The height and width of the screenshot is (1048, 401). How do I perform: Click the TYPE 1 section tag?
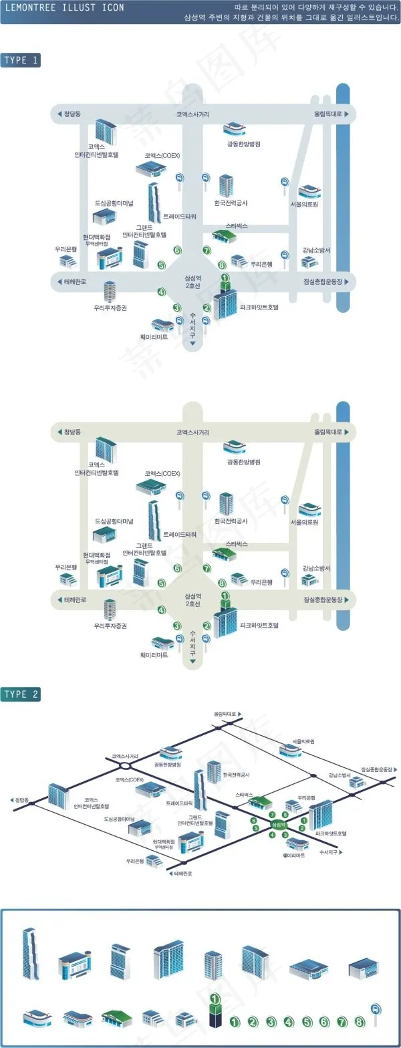21,60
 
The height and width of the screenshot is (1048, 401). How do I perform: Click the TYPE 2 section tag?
21,694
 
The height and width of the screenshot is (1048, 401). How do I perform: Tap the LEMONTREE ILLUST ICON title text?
64,8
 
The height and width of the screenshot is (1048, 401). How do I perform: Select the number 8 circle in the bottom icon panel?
360,1021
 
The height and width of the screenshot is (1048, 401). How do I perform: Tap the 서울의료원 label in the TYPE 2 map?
303,741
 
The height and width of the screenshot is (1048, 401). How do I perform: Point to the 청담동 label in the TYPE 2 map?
22,799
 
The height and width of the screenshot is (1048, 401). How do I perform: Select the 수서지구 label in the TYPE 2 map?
329,852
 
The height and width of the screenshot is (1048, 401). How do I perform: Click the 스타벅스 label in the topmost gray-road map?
237,226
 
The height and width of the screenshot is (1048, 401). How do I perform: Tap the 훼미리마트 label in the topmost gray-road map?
154,337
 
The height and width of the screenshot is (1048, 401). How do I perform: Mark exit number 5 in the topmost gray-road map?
161,265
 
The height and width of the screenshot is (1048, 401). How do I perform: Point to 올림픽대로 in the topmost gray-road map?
328,114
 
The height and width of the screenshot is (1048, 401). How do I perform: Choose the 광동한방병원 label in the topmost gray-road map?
244,144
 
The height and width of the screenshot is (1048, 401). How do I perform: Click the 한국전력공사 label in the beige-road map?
231,520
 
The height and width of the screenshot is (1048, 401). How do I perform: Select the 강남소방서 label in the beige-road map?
316,568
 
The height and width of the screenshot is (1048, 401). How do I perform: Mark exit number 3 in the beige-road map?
177,626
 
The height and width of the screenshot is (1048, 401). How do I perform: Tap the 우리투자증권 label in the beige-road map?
110,626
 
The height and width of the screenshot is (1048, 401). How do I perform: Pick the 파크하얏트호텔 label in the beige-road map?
259,626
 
